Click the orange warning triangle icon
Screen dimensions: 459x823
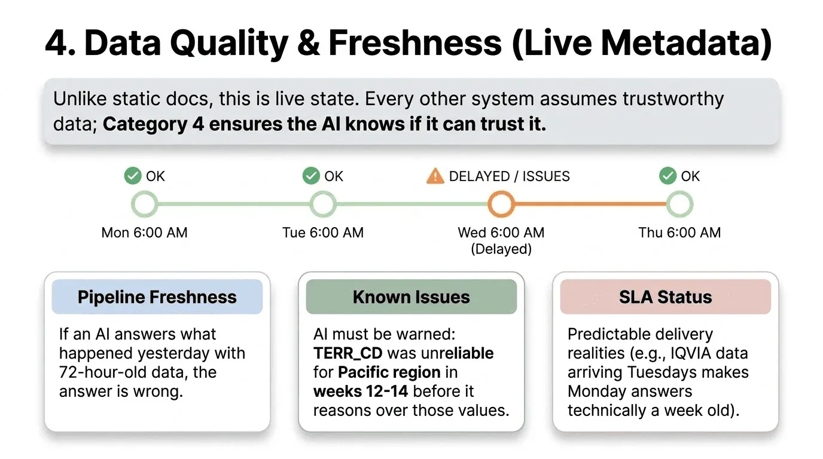coord(435,176)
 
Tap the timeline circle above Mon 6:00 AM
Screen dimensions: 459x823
coord(144,204)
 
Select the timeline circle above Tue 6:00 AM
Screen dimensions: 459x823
coord(323,204)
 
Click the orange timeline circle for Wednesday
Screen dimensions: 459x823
coord(501,204)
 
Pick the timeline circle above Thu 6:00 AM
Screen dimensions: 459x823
coord(679,204)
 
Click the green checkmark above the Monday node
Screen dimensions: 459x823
coord(132,176)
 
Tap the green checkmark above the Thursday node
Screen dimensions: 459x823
coord(667,176)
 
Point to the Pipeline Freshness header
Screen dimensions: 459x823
coord(157,297)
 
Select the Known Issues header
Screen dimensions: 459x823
coord(411,297)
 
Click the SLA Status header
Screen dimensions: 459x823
coord(665,297)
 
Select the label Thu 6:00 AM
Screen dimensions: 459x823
coord(679,232)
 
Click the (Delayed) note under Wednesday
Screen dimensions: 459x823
coord(501,249)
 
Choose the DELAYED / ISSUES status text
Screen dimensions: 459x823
coord(509,176)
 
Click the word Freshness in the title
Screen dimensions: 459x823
coord(414,43)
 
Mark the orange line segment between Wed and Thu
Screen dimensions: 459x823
coord(590,204)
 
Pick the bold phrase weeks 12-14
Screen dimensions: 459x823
coord(360,391)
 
